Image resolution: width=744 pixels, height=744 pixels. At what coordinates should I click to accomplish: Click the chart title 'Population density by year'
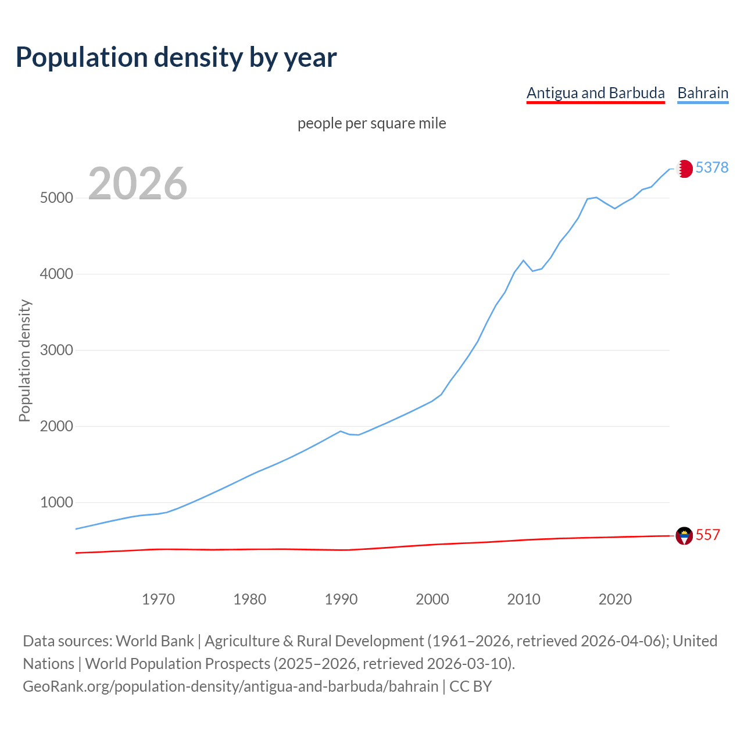click(x=176, y=57)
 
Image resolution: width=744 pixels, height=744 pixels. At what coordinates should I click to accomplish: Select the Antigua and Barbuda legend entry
click(x=595, y=93)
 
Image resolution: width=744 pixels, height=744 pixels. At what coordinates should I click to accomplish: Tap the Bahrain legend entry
click(x=703, y=93)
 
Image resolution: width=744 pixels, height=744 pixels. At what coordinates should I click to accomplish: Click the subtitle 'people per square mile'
click(x=371, y=123)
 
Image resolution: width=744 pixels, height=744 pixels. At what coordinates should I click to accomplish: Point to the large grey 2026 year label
click(x=138, y=184)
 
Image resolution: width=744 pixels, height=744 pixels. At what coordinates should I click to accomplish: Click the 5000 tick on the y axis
click(x=56, y=198)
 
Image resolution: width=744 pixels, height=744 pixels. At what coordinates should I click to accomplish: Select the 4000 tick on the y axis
click(x=56, y=274)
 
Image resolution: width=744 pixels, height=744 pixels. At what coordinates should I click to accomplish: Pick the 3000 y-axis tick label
click(x=56, y=350)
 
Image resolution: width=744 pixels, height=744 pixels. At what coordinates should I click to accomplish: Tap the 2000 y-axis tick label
click(x=56, y=426)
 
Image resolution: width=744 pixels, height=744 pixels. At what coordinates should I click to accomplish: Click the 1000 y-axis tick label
click(x=56, y=502)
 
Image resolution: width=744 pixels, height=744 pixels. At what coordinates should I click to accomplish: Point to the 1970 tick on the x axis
click(x=158, y=599)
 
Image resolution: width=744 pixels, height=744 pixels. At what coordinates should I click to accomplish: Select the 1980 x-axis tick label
click(x=249, y=599)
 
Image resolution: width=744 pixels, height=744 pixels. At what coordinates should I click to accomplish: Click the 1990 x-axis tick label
click(x=341, y=599)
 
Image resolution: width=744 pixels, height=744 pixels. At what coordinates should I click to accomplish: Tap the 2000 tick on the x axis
click(x=432, y=599)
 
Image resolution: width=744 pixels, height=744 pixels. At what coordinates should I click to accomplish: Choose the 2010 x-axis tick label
click(x=524, y=599)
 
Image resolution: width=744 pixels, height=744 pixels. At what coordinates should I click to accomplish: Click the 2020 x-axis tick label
click(x=615, y=599)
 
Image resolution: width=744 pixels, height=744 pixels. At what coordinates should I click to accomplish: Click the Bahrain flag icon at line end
click(x=684, y=169)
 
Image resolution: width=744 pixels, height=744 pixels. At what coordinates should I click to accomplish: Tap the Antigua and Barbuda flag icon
click(x=684, y=535)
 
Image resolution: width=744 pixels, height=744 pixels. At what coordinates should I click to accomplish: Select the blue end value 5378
click(x=712, y=167)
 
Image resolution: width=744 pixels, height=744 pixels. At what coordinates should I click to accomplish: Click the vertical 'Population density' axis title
click(x=24, y=360)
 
